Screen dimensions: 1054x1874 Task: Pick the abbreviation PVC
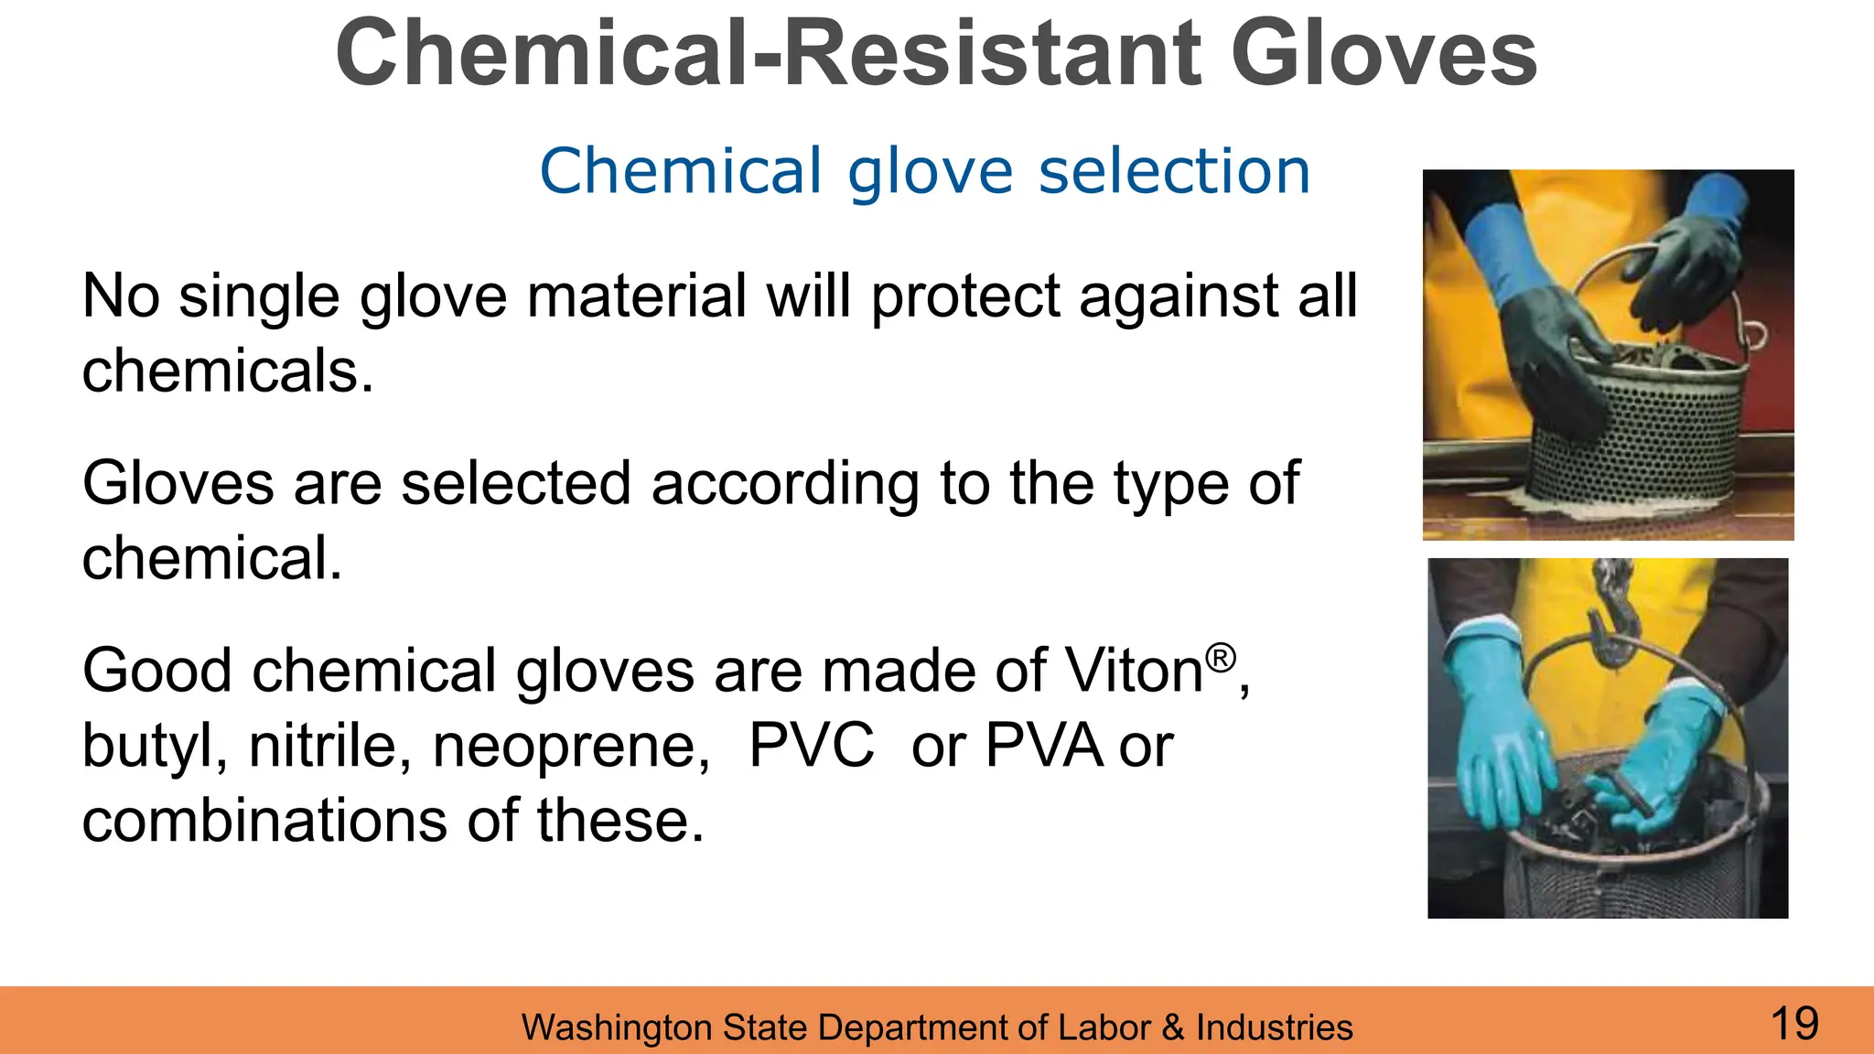click(811, 746)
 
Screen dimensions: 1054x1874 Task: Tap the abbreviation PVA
click(1042, 746)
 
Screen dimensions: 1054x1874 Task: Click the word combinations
click(264, 821)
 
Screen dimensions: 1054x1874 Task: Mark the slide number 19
click(1794, 1023)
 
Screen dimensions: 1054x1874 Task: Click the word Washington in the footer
click(618, 1028)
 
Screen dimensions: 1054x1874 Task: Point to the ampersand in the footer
click(1172, 1027)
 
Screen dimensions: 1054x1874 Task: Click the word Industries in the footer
click(1274, 1027)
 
